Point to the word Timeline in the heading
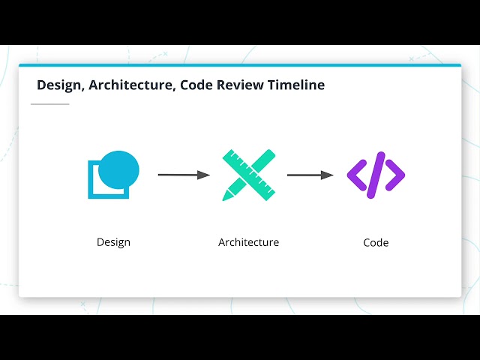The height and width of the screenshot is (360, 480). [297, 85]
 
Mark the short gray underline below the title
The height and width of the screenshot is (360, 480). [49, 104]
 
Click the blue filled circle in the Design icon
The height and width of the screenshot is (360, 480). [118, 167]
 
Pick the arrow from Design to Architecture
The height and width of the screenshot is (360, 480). [183, 175]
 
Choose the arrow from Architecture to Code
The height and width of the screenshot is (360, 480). [309, 175]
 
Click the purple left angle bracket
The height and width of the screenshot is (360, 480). [356, 175]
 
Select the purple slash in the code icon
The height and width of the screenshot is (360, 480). [376, 175]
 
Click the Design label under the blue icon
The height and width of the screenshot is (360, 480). [113, 242]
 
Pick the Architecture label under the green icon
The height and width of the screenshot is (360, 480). [248, 242]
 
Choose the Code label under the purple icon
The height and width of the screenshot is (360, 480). [376, 242]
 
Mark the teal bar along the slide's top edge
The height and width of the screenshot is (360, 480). [240, 65]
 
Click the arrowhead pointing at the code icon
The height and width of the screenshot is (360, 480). [327, 175]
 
